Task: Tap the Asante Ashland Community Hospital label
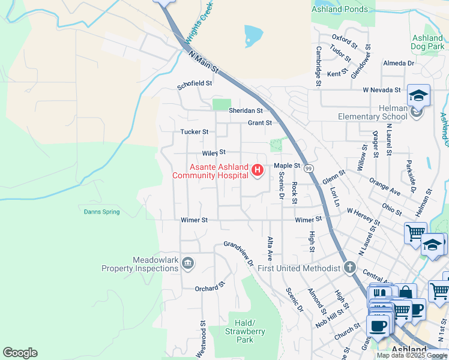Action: [x=210, y=171]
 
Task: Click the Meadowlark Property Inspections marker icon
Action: [x=187, y=263]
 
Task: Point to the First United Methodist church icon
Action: [x=350, y=268]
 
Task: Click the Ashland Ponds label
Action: [x=339, y=9]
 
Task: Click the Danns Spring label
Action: [x=101, y=212]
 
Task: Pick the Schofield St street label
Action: [x=194, y=85]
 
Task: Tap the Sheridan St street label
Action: [x=246, y=111]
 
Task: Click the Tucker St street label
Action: [x=194, y=132]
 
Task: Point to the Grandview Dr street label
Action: [x=239, y=252]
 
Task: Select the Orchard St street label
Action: [x=209, y=287]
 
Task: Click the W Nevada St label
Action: [x=381, y=90]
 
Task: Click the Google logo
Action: [x=20, y=353]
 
